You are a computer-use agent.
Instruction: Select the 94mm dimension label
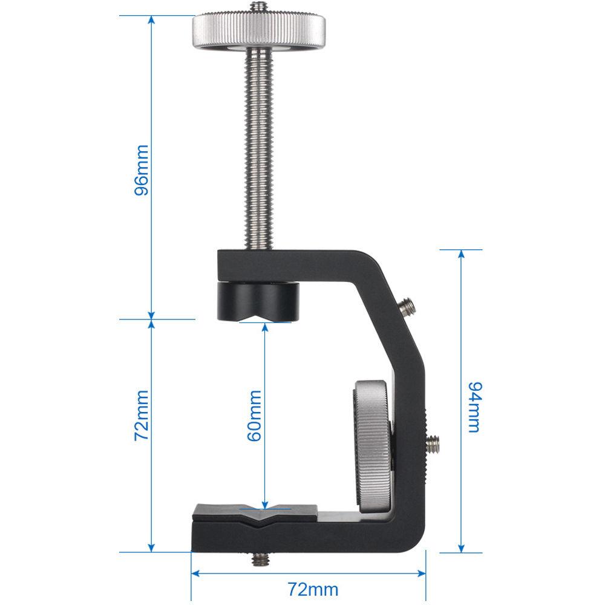tap(474, 407)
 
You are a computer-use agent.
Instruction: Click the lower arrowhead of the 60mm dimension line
tap(264, 503)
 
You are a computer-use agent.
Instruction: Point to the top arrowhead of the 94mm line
tap(461, 255)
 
